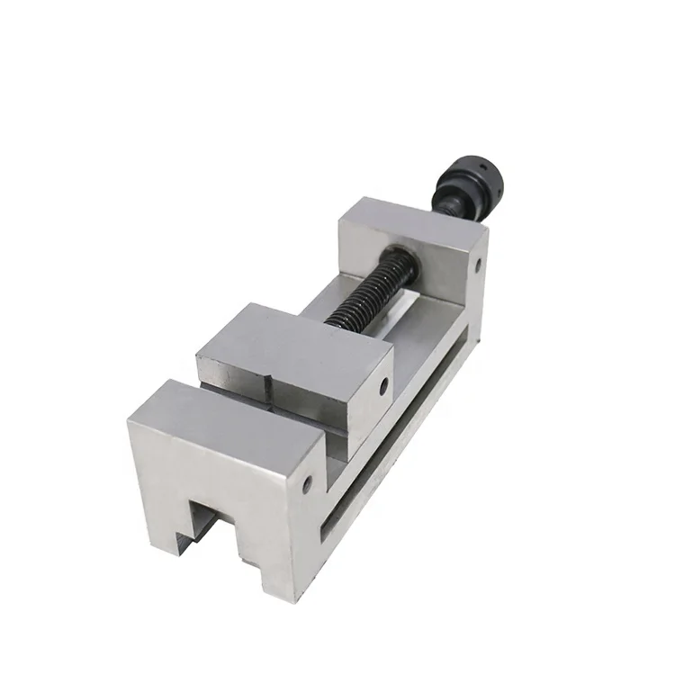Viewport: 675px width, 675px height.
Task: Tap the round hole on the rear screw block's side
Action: (479, 265)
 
